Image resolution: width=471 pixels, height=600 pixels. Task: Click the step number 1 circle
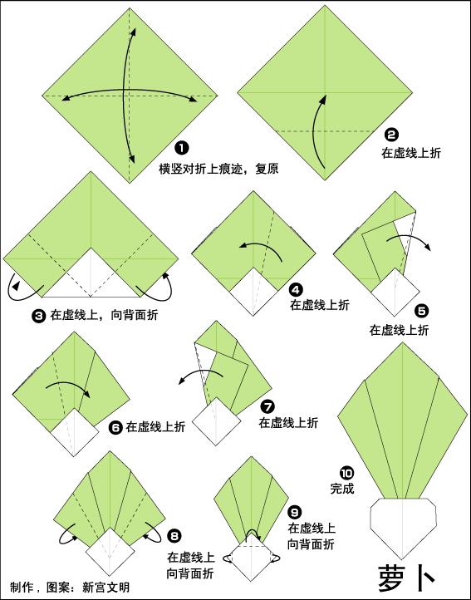[193, 149]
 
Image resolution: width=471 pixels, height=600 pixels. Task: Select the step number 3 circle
[38, 315]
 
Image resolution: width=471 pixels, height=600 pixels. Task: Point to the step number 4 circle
[296, 289]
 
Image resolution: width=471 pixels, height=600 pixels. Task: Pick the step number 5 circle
[421, 312]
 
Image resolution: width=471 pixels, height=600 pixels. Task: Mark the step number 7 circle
[267, 406]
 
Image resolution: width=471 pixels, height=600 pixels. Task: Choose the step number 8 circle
[173, 536]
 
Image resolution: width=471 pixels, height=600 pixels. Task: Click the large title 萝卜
[407, 575]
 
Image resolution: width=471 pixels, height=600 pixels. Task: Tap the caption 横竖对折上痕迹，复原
[218, 168]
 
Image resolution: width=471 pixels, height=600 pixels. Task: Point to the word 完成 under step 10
[342, 489]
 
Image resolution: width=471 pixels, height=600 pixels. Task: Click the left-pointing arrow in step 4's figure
[258, 246]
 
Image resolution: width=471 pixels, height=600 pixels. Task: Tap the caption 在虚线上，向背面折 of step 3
[105, 316]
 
